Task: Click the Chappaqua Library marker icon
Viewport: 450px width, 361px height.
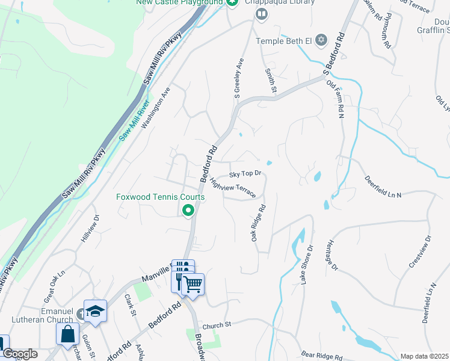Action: click(261, 14)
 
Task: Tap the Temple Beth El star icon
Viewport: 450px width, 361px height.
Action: click(321, 40)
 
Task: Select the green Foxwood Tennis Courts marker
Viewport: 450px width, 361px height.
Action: click(188, 210)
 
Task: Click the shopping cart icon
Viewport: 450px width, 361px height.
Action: click(193, 284)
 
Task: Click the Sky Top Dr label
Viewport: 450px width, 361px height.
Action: click(246, 174)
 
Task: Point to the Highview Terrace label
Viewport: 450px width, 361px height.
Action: click(233, 190)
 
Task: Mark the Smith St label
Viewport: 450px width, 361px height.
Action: click(270, 81)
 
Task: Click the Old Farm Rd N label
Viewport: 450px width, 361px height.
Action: click(334, 99)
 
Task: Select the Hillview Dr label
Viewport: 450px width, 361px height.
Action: click(89, 229)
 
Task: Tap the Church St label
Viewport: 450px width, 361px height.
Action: click(217, 325)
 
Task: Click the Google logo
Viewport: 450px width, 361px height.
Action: click(19, 354)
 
